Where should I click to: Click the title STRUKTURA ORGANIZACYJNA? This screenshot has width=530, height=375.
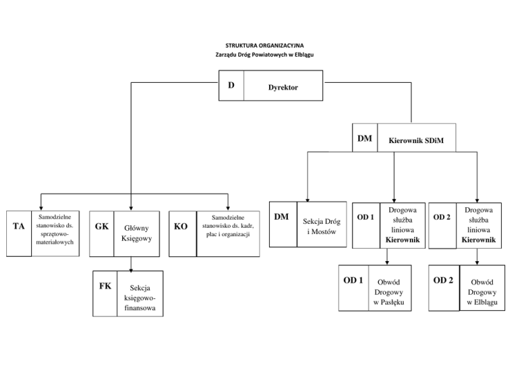click(264, 46)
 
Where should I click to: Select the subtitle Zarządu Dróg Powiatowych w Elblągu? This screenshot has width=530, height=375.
click(264, 55)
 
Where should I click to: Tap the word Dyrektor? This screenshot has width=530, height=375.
click(283, 88)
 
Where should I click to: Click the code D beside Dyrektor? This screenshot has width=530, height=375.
click(231, 85)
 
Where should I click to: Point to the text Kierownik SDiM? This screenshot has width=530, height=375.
click(416, 142)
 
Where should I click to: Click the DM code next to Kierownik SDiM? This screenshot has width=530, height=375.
click(365, 139)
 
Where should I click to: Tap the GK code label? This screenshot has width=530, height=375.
click(102, 226)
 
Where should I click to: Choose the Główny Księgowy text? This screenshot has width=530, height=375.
click(136, 233)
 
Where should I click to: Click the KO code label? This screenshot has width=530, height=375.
click(181, 226)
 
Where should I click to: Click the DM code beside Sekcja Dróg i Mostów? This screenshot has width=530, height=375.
click(282, 217)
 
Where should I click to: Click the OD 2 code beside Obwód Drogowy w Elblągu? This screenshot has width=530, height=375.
click(443, 280)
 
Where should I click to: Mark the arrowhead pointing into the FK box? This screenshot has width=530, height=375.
click(132, 269)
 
